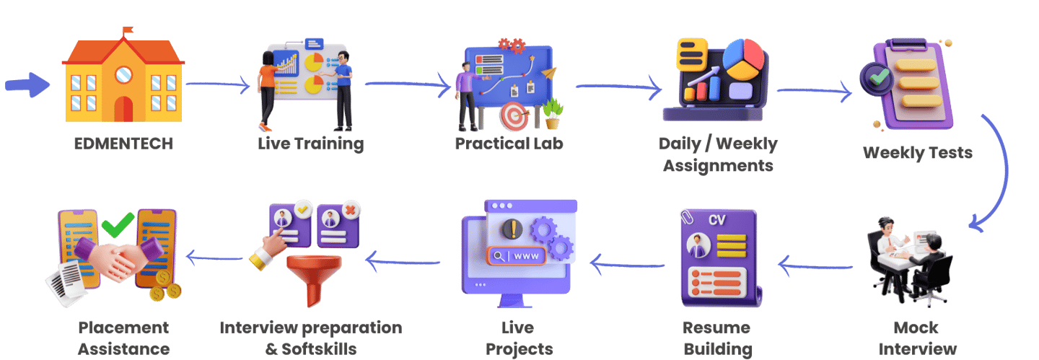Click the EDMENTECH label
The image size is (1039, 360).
[123, 143]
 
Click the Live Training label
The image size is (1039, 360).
[310, 143]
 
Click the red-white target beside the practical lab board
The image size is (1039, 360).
[513, 115]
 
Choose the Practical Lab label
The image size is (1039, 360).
[509, 143]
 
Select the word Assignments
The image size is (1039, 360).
[718, 165]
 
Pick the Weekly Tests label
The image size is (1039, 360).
[917, 153]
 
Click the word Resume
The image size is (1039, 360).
[716, 328]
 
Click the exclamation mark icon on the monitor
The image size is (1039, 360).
[514, 228]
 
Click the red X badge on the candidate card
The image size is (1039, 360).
[351, 210]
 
